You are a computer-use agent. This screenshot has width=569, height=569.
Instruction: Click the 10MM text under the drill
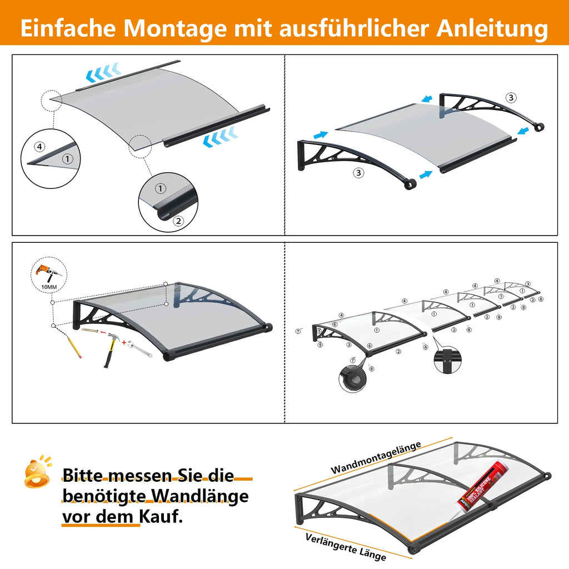click(49, 287)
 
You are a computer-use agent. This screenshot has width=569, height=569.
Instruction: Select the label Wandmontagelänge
click(376, 458)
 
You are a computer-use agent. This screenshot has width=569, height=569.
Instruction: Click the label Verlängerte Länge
click(346, 546)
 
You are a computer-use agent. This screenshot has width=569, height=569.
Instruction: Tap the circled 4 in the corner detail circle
click(38, 147)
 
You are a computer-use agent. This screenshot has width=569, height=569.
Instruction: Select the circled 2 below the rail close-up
click(178, 221)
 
